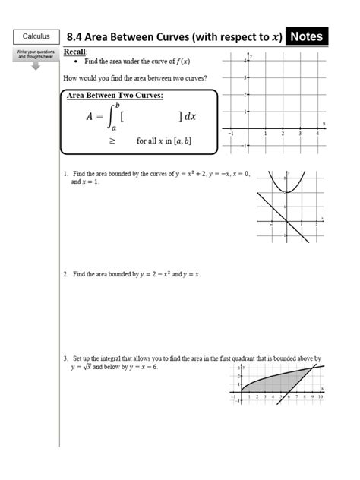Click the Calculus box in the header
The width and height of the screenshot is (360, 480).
click(36, 36)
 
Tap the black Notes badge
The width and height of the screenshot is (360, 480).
click(308, 36)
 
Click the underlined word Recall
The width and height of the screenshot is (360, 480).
click(75, 51)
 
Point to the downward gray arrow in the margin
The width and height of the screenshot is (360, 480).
click(36, 65)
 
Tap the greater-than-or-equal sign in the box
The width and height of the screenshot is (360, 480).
click(112, 141)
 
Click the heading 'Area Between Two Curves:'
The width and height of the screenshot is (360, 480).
click(115, 95)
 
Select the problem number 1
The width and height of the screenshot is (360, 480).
click(65, 174)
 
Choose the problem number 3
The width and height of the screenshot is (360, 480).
click(65, 357)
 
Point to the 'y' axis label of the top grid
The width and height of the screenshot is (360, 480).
click(250, 56)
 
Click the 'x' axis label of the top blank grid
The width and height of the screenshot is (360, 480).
click(324, 123)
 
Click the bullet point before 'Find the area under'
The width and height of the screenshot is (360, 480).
click(77, 61)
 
